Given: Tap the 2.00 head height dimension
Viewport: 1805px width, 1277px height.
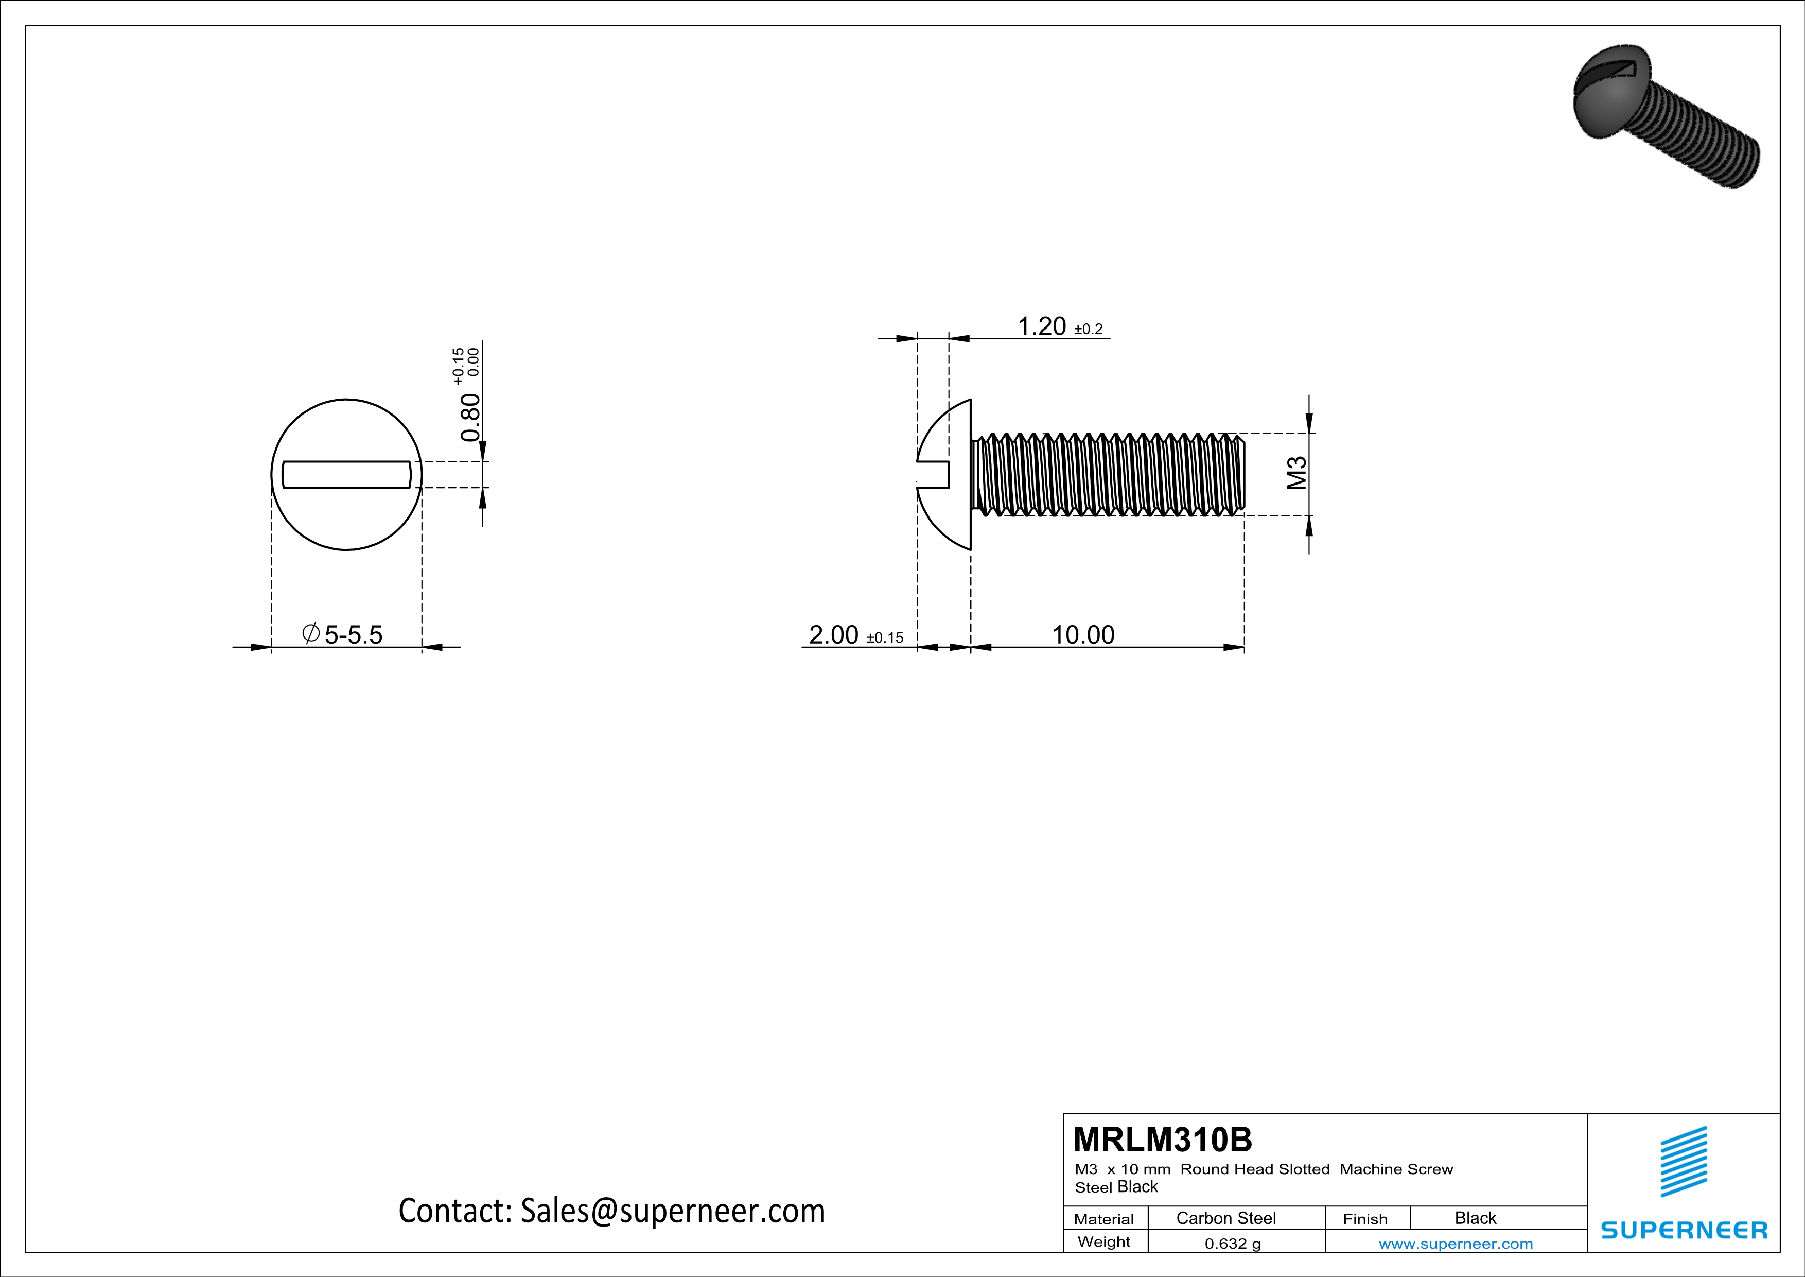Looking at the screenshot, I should point(833,634).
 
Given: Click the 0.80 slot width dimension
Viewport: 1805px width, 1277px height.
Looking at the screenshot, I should point(470,417).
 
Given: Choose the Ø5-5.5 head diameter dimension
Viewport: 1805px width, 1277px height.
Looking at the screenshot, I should point(343,634).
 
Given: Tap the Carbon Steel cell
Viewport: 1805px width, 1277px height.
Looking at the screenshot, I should point(1225,1218).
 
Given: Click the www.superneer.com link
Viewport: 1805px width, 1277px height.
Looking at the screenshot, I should point(1455,1243).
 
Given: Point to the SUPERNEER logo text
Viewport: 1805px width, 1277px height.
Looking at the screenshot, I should point(1684,1230).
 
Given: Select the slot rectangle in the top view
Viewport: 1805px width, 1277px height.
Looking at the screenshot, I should point(346,474).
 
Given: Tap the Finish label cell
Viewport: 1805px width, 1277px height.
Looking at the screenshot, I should point(1365,1219).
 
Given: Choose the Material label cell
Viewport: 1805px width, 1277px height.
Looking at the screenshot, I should point(1104,1219).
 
